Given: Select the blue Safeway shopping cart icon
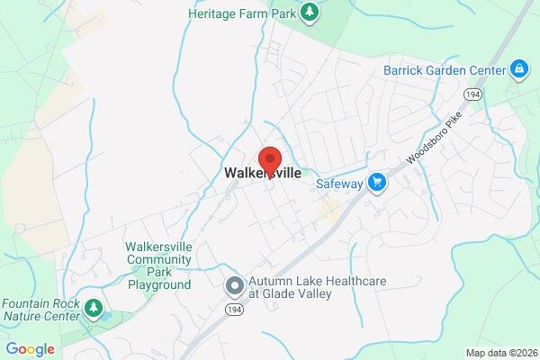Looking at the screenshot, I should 378,183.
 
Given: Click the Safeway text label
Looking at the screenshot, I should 339,184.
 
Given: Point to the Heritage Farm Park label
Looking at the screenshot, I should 240,13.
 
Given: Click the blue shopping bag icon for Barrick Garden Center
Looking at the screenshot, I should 518,68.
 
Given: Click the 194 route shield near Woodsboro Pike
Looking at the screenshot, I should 472,94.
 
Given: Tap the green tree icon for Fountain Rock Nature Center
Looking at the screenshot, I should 93,310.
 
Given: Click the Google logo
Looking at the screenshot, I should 30,349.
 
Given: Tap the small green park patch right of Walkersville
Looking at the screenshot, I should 305,172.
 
